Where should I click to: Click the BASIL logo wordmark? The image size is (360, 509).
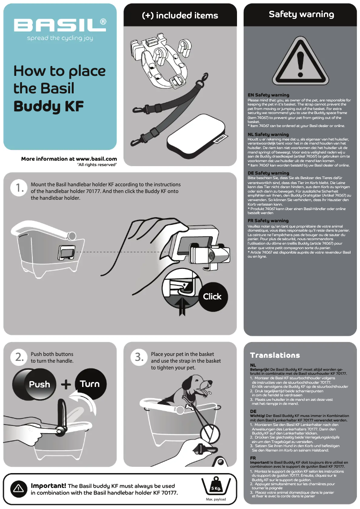tap(60, 25)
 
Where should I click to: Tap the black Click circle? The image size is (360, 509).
tap(213, 297)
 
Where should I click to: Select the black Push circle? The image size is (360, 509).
tap(35, 384)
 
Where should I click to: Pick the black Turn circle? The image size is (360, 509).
tap(91, 384)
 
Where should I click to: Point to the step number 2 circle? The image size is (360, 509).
tap(19, 357)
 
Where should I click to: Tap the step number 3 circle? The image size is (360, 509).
tap(139, 357)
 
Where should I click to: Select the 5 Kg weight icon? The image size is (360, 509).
tap(216, 486)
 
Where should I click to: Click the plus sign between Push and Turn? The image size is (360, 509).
tap(66, 384)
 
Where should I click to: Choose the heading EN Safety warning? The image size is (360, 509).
tap(268, 95)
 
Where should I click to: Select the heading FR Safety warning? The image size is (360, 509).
tap(268, 221)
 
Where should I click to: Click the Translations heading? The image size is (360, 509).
tap(275, 355)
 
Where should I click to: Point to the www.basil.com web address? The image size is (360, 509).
tap(97, 159)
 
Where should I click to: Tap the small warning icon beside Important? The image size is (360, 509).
tap(18, 488)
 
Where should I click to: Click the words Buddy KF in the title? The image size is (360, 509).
tap(48, 106)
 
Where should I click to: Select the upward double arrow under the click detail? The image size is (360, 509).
tap(182, 307)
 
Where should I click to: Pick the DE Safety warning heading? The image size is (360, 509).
tap(268, 173)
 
